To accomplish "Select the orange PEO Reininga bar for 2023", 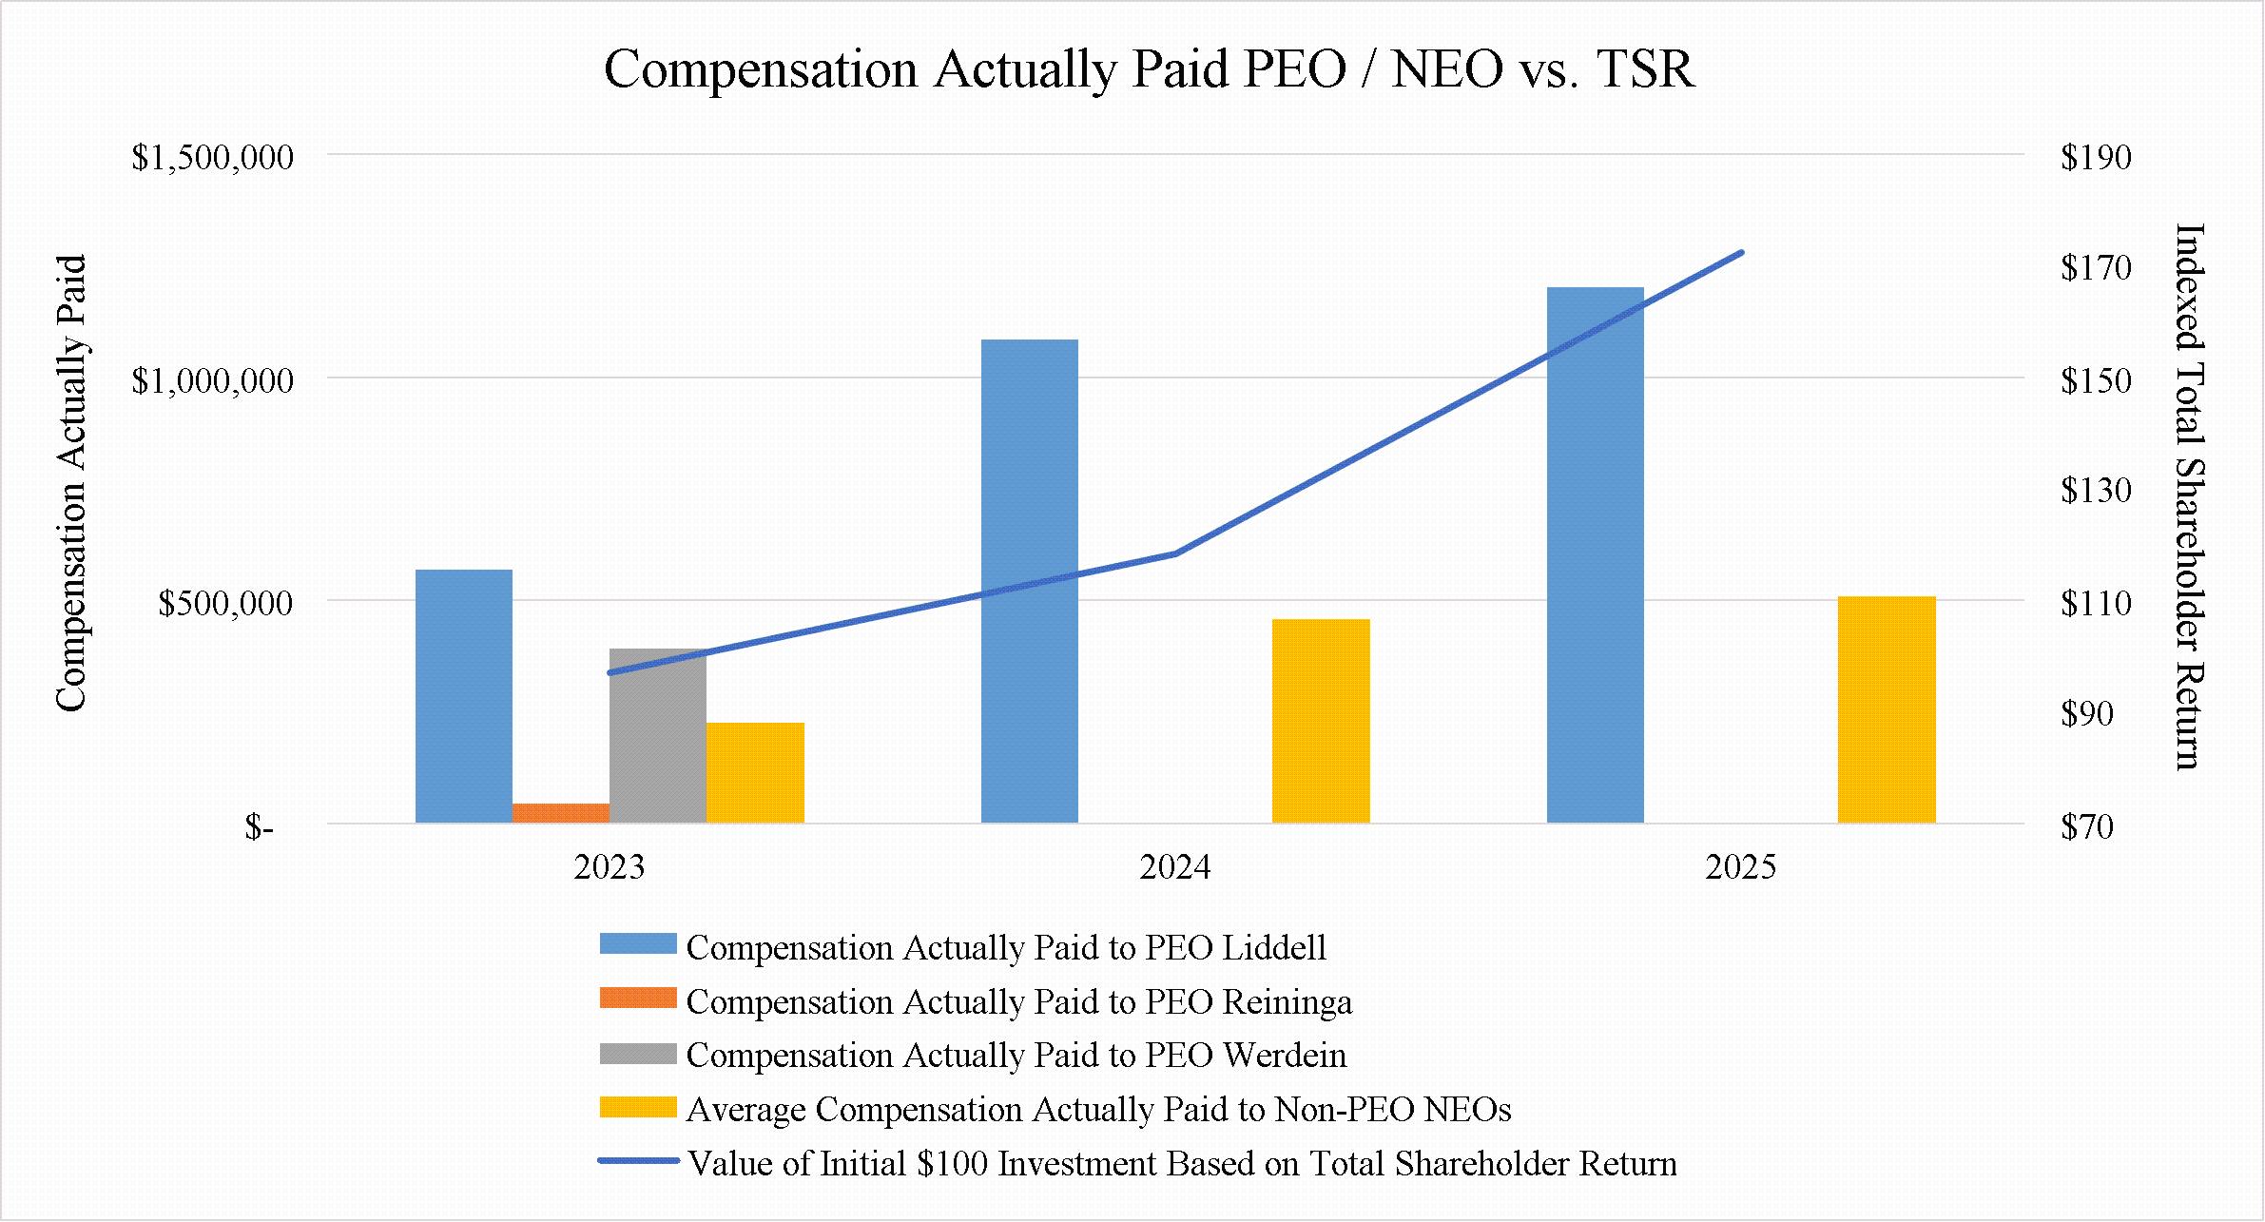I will point(561,813).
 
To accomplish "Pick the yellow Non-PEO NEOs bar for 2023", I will point(755,772).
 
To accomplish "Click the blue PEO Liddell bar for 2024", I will point(1030,581).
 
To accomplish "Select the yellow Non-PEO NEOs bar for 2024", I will point(1321,721).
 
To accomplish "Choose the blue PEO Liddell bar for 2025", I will point(1596,555).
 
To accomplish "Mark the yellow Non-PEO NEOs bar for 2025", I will point(1887,709).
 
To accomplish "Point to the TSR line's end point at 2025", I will point(1741,253).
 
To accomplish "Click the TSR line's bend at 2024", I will point(1175,553).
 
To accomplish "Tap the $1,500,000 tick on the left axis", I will point(212,157).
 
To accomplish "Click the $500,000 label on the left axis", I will point(225,603).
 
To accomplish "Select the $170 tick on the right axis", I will point(2096,268).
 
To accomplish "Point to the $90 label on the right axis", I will point(2087,714).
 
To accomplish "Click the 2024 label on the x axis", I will point(1175,867).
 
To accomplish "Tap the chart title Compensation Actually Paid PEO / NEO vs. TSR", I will point(1149,68).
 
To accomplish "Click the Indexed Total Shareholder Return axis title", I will point(2190,496).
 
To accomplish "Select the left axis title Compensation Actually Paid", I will point(72,483).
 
